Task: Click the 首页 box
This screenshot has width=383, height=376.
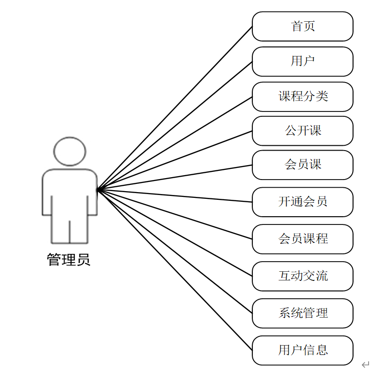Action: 302,27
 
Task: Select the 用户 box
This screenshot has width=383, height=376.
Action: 302,61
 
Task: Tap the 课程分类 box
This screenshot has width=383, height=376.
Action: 302,97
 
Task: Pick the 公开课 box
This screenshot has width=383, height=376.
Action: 302,131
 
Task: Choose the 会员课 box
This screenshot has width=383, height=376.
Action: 302,165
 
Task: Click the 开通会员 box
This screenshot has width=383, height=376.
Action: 302,202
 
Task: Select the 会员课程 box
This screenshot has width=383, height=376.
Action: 302,239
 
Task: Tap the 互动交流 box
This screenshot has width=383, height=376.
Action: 302,276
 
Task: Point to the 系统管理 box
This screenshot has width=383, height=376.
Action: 302,313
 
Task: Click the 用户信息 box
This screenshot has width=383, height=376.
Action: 302,350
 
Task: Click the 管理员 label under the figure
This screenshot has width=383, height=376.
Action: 68,260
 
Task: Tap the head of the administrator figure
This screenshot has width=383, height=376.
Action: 70,152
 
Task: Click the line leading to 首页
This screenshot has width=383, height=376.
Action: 175,108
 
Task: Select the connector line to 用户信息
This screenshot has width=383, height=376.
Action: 175,270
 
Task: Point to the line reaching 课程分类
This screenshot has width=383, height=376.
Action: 175,143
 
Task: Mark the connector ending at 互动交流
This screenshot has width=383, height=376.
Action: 175,233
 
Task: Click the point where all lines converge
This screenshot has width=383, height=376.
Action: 98,189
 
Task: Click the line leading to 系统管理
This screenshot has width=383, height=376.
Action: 175,251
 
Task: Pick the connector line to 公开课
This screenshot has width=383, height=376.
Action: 175,160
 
